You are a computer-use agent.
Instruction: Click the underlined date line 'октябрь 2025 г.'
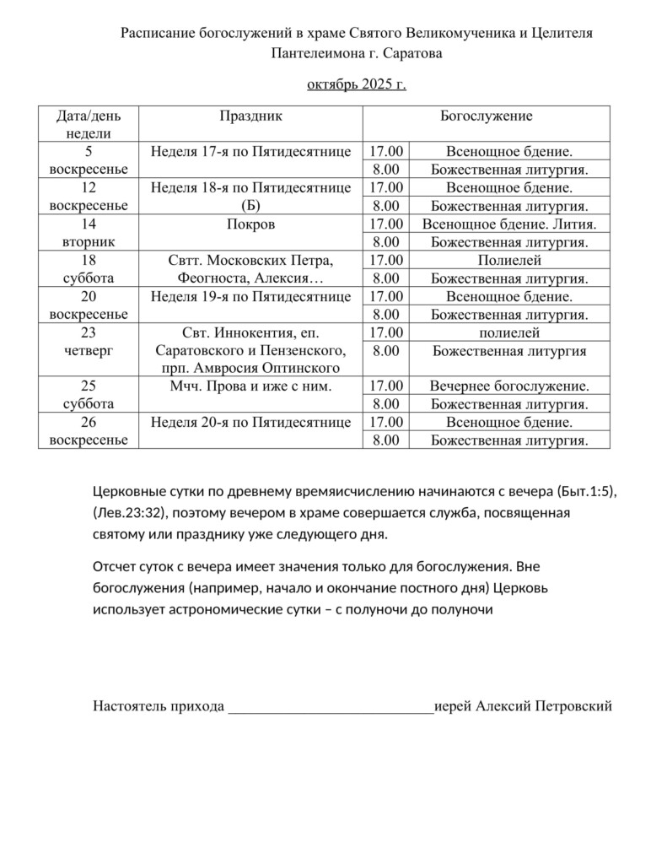coord(356,84)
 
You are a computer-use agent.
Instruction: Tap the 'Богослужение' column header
coord(486,116)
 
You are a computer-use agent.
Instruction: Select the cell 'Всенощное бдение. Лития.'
coord(509,224)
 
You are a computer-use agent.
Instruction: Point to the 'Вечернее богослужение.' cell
coord(509,386)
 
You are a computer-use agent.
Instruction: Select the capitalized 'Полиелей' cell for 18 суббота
coord(509,260)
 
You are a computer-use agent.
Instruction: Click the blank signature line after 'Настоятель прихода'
coord(331,707)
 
